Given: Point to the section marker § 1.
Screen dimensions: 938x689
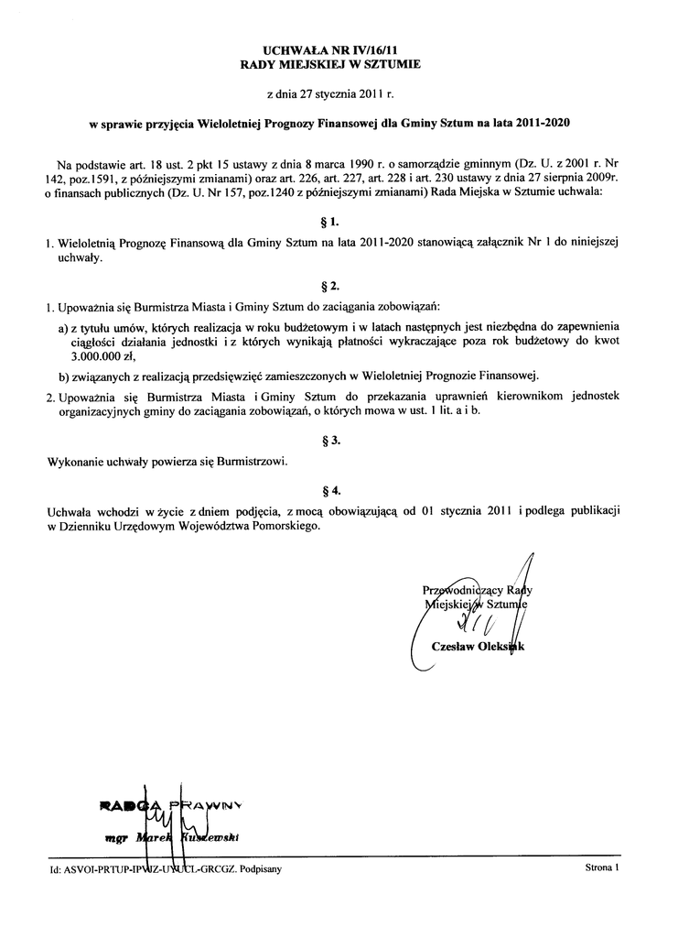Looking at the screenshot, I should point(333,223).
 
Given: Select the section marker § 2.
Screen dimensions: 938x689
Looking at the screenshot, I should point(333,286).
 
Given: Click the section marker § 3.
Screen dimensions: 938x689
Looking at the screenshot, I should point(333,441).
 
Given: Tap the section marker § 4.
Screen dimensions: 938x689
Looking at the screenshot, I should point(333,490).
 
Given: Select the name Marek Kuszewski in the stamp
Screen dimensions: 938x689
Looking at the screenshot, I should point(187,837).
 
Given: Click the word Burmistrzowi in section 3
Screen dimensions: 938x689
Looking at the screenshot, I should point(249,462).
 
